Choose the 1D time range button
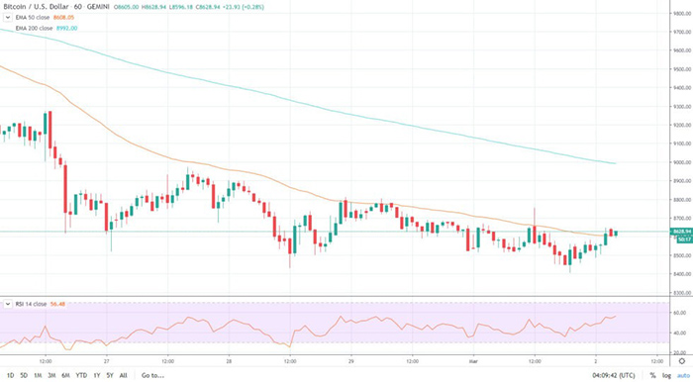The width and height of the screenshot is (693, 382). (10, 375)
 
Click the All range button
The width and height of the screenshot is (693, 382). (123, 375)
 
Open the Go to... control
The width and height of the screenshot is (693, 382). (151, 375)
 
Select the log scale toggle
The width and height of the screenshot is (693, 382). (665, 375)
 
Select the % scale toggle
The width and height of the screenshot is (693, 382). (652, 375)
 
